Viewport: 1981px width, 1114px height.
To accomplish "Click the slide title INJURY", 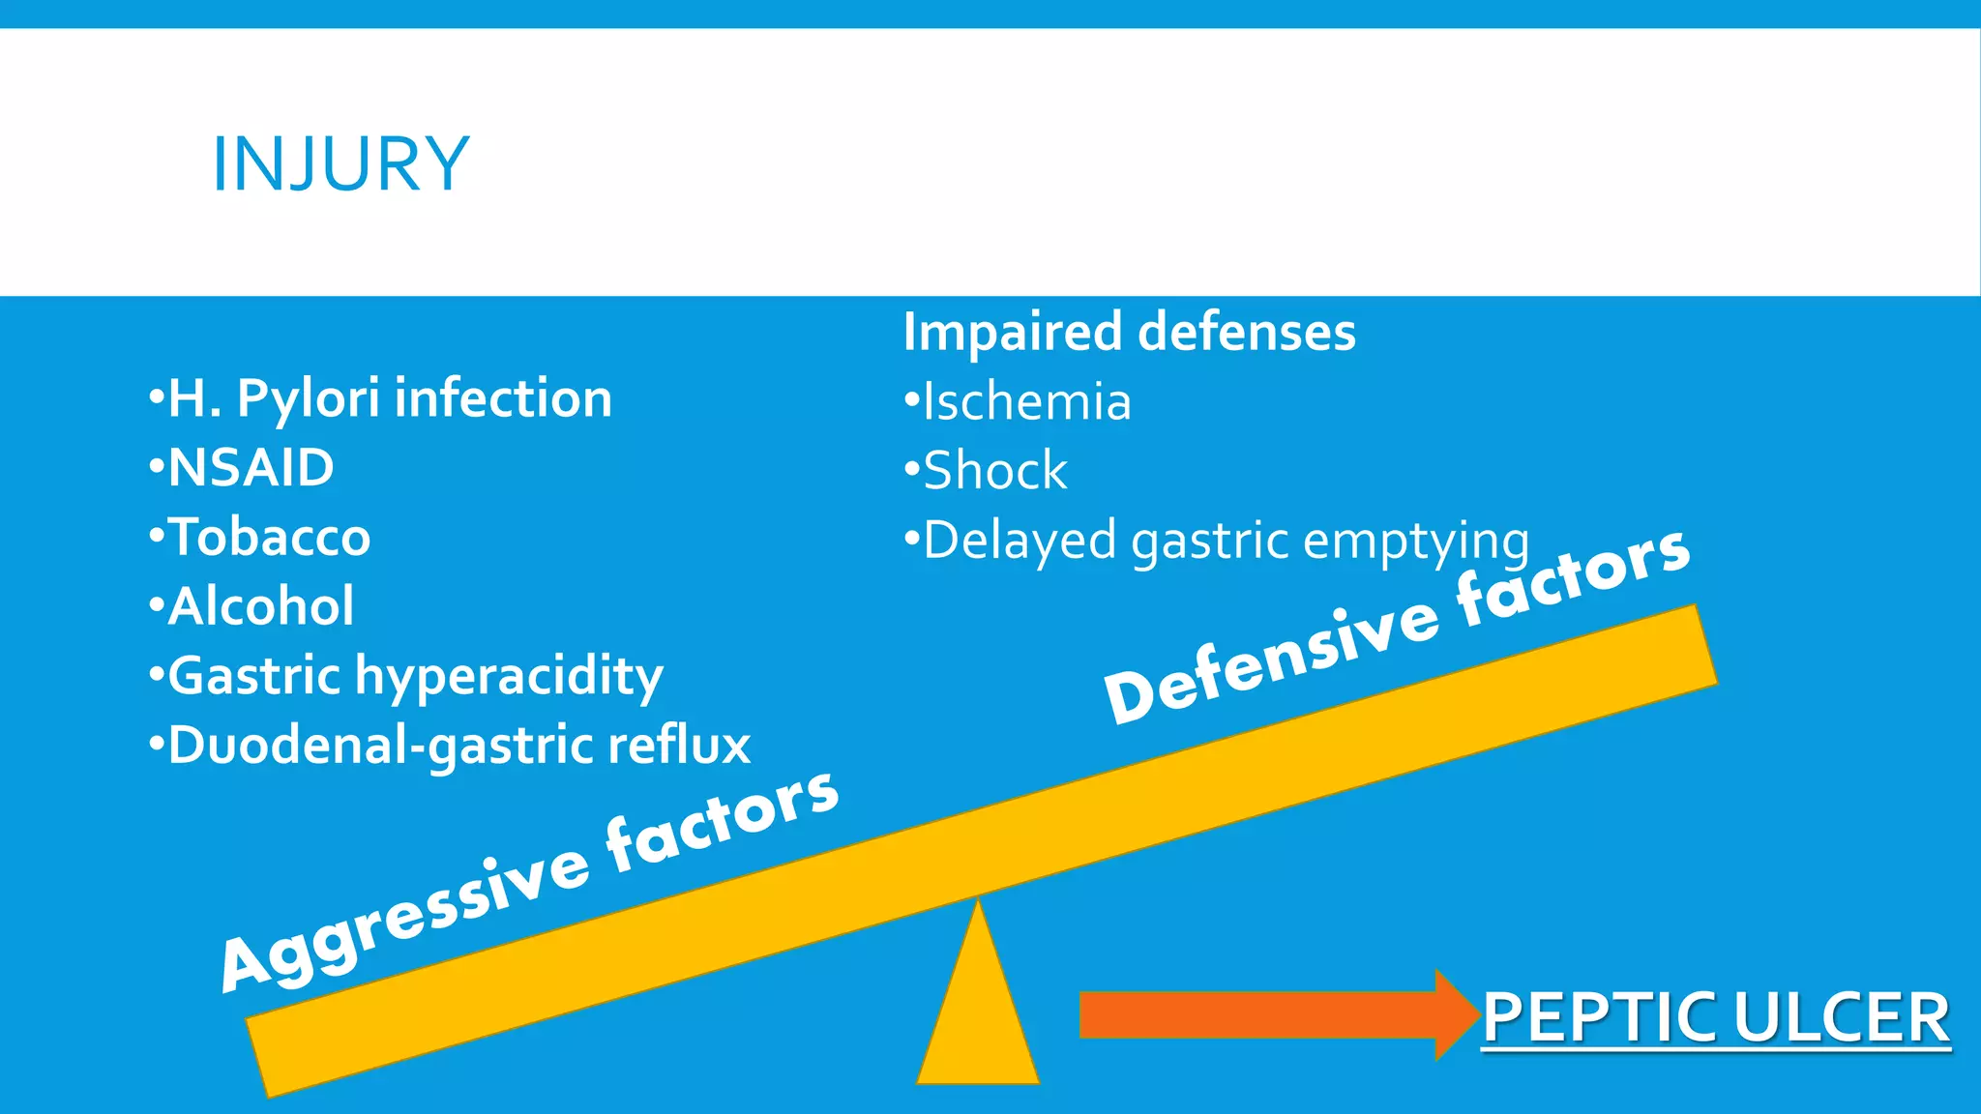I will [x=340, y=164].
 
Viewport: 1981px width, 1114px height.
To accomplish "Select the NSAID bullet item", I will [x=251, y=468].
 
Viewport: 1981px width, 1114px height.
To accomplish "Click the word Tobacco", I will [x=269, y=538].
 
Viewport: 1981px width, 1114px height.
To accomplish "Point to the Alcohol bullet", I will [x=261, y=606].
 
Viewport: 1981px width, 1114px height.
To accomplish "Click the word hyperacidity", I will [x=509, y=676].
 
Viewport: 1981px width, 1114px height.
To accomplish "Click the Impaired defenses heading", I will [x=1129, y=332].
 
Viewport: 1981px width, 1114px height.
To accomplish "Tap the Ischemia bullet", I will [x=1026, y=401].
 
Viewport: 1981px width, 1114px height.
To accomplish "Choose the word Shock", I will [x=995, y=471].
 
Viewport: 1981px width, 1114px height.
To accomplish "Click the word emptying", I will [x=1416, y=541].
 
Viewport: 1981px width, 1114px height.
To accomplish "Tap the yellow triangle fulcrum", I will [x=978, y=1015].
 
